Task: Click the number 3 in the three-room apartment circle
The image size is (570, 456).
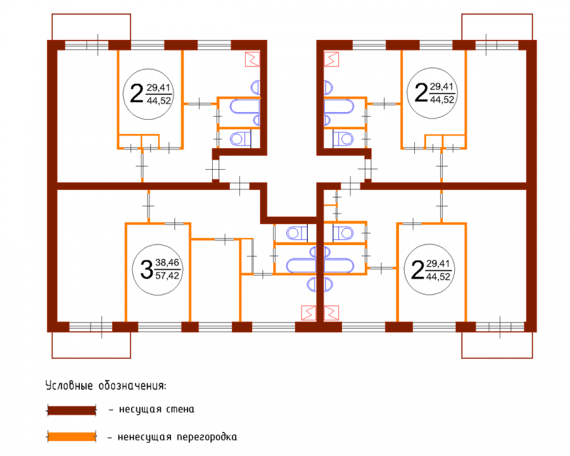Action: [x=146, y=269]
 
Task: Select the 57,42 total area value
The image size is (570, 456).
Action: [x=167, y=275]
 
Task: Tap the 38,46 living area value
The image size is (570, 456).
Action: [x=167, y=263]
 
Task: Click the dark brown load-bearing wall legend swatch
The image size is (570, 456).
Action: [x=72, y=410]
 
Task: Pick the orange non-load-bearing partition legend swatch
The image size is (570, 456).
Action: [x=72, y=436]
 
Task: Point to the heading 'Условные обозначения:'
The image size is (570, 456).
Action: [x=106, y=385]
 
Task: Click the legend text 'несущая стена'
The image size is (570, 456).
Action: [x=156, y=410]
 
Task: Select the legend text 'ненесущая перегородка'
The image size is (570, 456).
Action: [x=177, y=437]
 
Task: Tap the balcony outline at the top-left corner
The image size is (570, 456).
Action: [x=91, y=14]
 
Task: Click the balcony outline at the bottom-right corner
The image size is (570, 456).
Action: [x=497, y=358]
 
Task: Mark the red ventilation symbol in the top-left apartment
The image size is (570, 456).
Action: [x=253, y=59]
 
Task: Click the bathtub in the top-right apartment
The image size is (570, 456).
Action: [x=339, y=106]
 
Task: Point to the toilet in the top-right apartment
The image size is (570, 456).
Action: [x=343, y=139]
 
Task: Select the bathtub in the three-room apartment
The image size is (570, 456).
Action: [x=301, y=265]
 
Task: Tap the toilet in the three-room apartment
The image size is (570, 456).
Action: [x=297, y=233]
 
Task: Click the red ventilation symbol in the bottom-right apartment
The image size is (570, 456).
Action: [x=331, y=313]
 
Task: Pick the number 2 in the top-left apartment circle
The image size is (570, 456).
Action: [x=137, y=93]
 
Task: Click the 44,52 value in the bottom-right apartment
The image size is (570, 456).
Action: [x=438, y=276]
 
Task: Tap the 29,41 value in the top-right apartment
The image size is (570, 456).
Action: [x=441, y=87]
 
